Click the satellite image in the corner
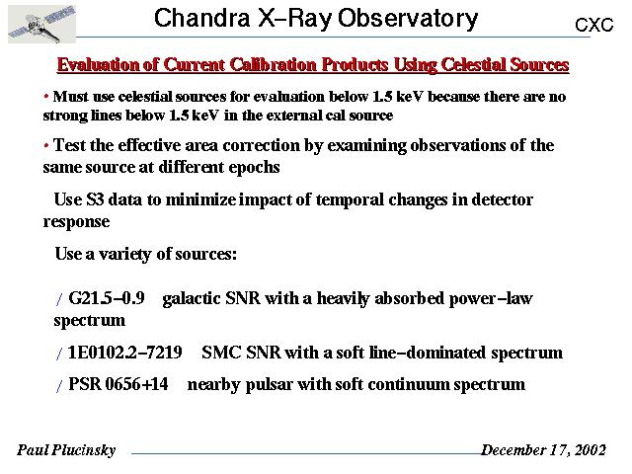click(41, 24)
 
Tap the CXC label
click(593, 25)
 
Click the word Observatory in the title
click(408, 19)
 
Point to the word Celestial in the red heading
click(472, 64)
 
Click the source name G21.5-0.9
click(107, 298)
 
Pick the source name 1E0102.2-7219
click(125, 353)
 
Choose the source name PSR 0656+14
click(118, 384)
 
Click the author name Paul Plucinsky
click(66, 450)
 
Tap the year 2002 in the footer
click(591, 449)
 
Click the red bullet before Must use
click(46, 97)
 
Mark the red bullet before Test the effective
click(46, 145)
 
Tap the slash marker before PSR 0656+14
click(59, 386)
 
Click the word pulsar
click(269, 384)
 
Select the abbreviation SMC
click(221, 353)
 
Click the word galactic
click(192, 298)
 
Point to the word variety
click(125, 255)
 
